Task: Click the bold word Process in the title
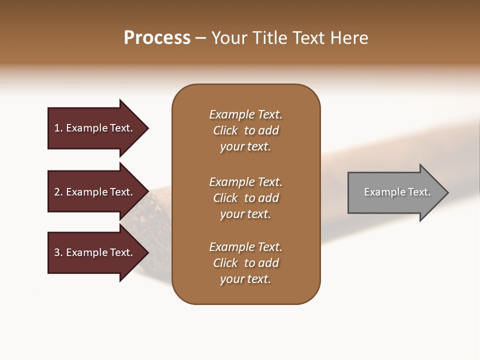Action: coord(157,38)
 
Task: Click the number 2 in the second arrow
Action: coord(57,192)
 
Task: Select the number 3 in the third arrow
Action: coord(57,252)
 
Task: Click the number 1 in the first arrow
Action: coord(57,128)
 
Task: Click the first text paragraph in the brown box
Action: coord(245,130)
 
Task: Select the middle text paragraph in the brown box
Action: coord(245,198)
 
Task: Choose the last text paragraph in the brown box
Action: coord(245,263)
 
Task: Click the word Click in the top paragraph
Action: coord(225,130)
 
